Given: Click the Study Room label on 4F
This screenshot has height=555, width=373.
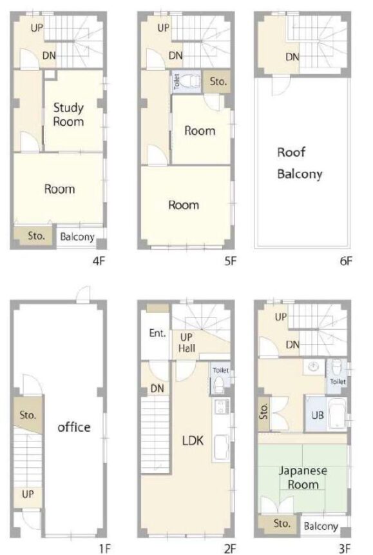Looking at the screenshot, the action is (x=68, y=114).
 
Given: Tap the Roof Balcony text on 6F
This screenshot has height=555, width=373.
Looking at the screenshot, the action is (x=300, y=163).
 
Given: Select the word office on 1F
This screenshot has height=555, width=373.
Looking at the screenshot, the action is (x=74, y=427).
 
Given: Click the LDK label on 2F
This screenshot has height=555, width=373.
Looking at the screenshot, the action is (x=193, y=441).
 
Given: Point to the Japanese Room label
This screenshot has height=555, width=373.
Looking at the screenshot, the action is (x=303, y=478).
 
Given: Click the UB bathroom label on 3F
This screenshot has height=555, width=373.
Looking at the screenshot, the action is (x=317, y=415).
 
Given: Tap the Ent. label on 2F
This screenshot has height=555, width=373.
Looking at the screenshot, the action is (x=157, y=333).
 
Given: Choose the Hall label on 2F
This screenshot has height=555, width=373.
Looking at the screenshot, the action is (x=187, y=348).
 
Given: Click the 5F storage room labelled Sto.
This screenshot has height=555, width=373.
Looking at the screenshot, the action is (x=218, y=82).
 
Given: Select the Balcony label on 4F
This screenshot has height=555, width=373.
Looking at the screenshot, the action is (x=77, y=237).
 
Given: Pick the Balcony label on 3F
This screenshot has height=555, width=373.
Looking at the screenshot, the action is (x=321, y=527).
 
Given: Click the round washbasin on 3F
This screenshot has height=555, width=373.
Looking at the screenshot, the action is (x=313, y=367).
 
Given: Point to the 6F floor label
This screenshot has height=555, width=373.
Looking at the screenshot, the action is (x=346, y=261).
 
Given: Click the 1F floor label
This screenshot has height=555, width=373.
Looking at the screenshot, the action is (x=105, y=549).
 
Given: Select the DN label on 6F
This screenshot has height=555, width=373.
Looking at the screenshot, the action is (x=292, y=57).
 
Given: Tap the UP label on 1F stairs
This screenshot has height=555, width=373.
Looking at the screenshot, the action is (x=28, y=494).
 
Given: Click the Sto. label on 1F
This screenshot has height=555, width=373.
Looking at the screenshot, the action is (x=28, y=415).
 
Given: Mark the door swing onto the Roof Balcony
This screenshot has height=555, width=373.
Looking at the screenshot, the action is (x=280, y=86).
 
